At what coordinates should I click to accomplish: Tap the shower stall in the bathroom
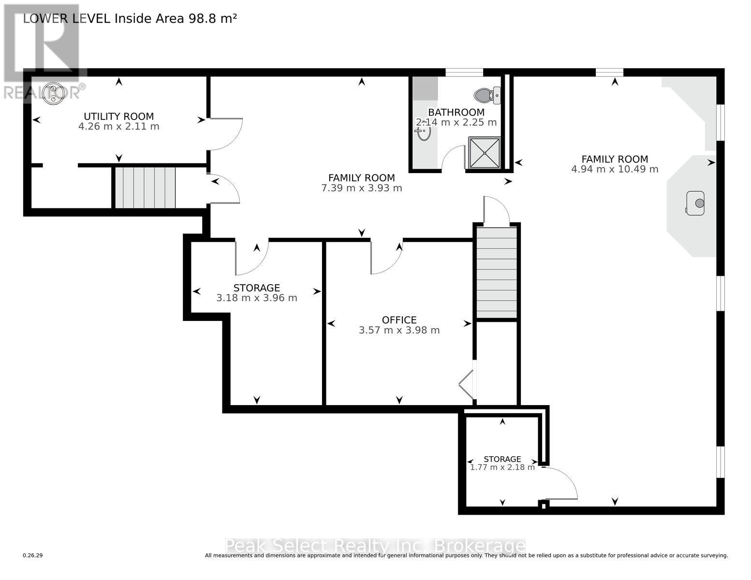tap(484, 153)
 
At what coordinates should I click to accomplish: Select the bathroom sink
tap(424, 132)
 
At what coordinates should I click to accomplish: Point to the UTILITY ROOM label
tap(118, 116)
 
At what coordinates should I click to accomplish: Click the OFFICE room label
tap(399, 320)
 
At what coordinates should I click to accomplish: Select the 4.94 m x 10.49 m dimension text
tap(615, 169)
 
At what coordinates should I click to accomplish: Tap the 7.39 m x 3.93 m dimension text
tap(361, 188)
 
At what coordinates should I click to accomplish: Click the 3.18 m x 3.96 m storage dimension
tap(256, 298)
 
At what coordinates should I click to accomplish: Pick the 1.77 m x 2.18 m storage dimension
tap(502, 467)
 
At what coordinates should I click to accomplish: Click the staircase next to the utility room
tap(145, 187)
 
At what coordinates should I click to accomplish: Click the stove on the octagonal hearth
tap(695, 203)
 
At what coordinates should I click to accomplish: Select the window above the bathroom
tap(464, 72)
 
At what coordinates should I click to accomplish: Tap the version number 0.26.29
tap(33, 556)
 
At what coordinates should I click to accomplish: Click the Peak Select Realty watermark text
tap(375, 546)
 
